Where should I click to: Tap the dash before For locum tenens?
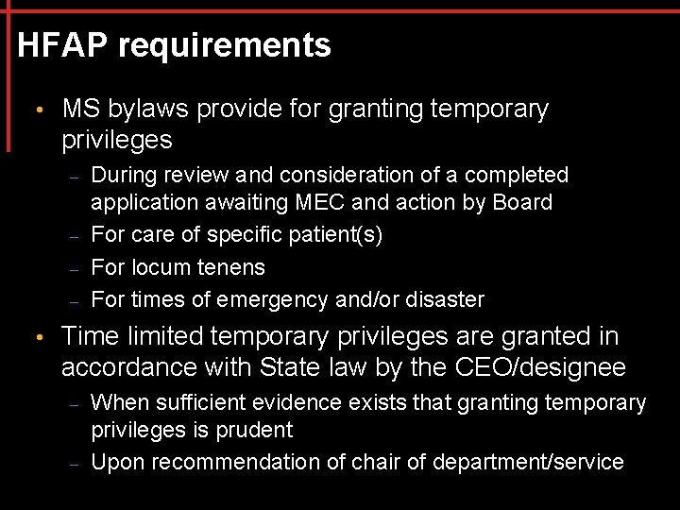(x=75, y=269)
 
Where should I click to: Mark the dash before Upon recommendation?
(x=75, y=464)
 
